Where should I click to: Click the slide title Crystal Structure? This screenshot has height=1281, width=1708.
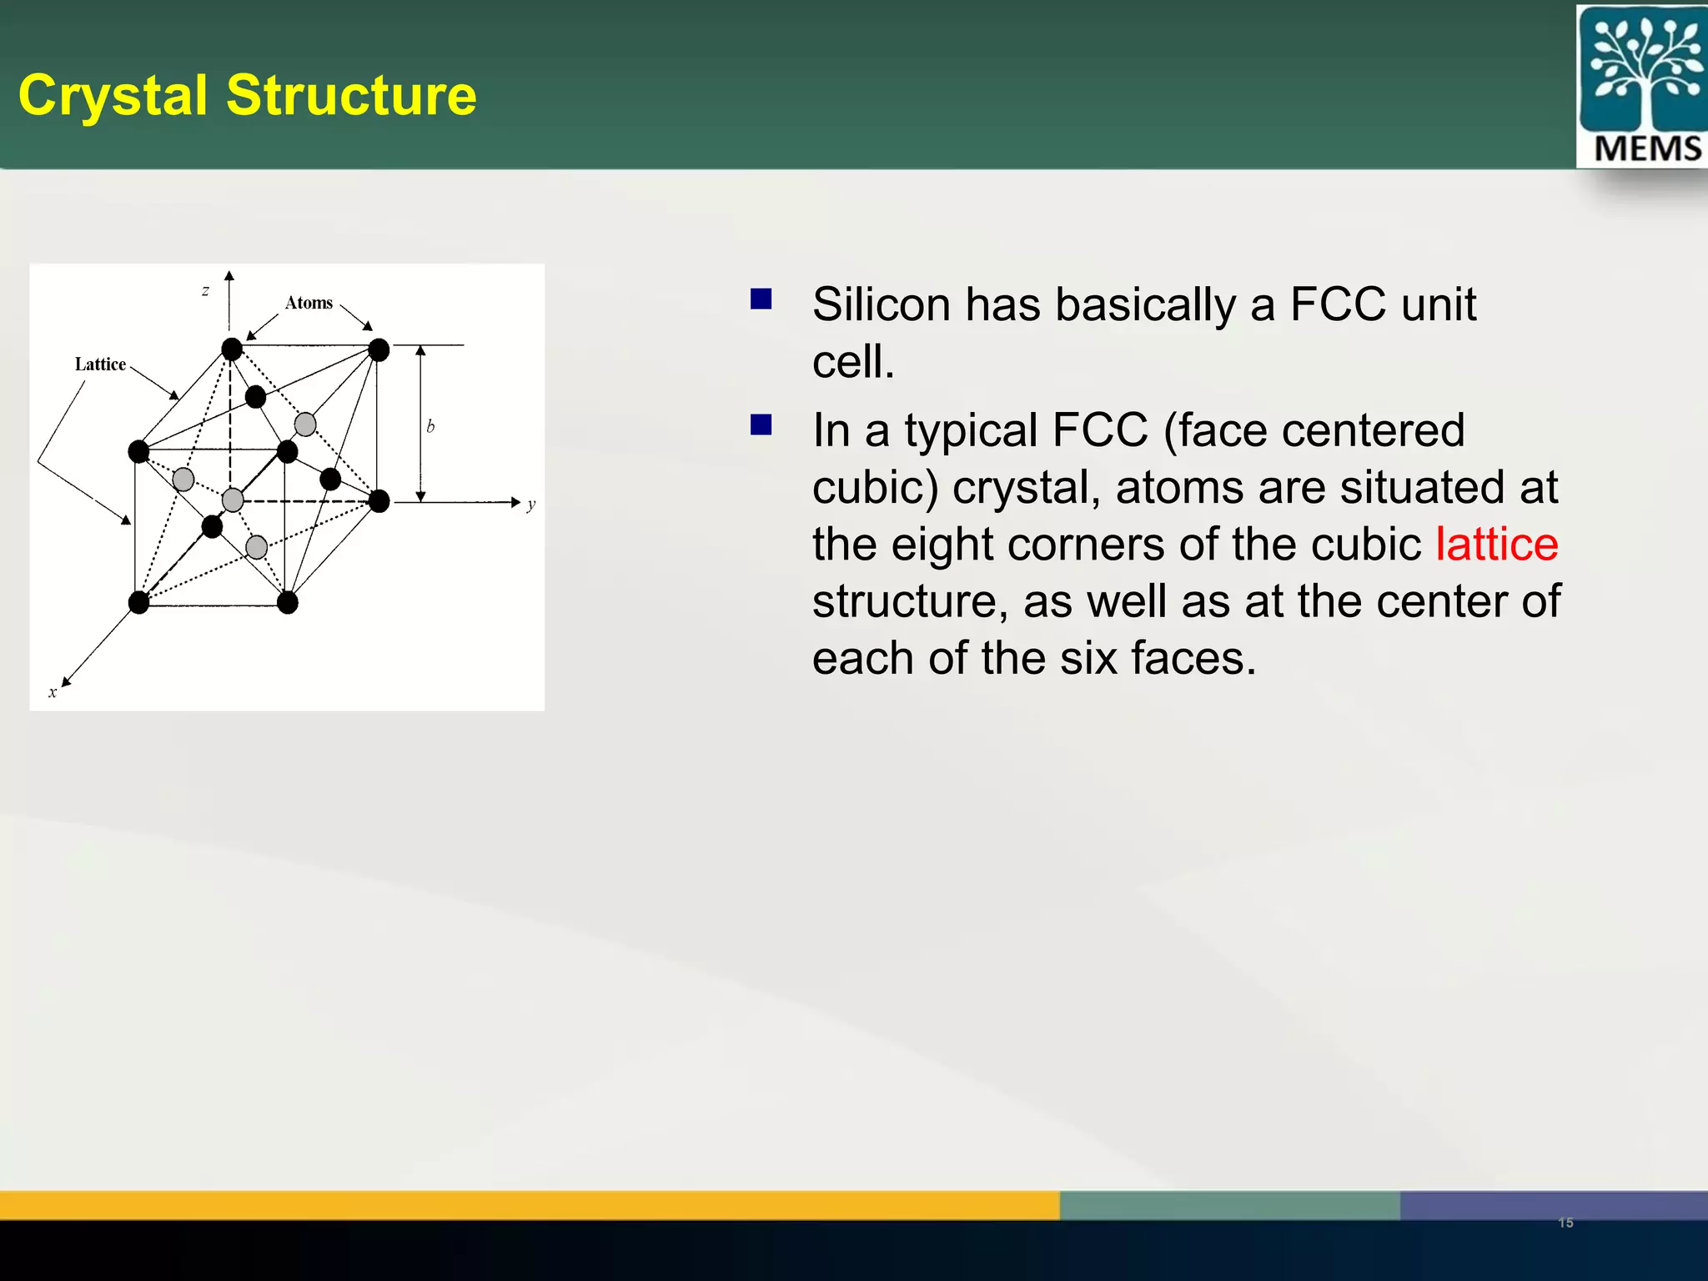pos(248,95)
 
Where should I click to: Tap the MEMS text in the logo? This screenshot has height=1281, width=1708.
pos(1647,149)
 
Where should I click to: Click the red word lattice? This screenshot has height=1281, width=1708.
pos(1496,545)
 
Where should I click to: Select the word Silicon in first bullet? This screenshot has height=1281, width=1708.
pos(881,304)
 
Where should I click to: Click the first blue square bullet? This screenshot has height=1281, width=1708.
pos(761,299)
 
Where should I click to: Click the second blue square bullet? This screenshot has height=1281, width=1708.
pos(761,425)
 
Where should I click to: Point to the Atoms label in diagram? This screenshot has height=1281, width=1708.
pos(309,303)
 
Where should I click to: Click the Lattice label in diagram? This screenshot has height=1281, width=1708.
pos(100,364)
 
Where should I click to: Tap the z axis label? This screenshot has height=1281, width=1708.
pos(205,291)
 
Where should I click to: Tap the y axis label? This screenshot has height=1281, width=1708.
pos(531,504)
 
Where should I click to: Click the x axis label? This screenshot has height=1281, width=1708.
pos(53,692)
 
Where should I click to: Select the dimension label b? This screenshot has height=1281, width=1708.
pos(430,426)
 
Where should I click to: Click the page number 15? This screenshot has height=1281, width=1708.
pos(1565,1223)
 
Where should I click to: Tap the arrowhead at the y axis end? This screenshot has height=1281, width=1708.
pos(515,502)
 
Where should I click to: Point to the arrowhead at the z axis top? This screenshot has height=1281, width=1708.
pos(229,276)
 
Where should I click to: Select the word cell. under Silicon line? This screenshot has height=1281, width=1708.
pos(853,362)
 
